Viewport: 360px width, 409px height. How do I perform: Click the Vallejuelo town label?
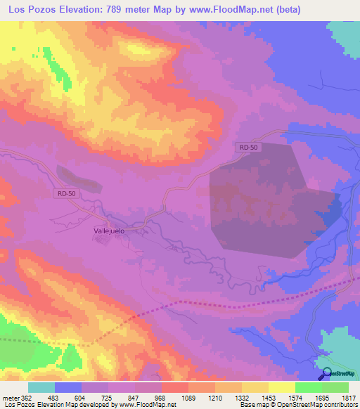click(x=109, y=229)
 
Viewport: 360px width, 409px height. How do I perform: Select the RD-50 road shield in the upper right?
click(x=244, y=145)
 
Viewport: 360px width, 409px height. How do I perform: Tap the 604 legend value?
click(x=82, y=398)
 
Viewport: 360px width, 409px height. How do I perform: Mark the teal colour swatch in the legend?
click(x=41, y=387)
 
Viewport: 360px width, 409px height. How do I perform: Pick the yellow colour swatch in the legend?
click(x=282, y=387)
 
